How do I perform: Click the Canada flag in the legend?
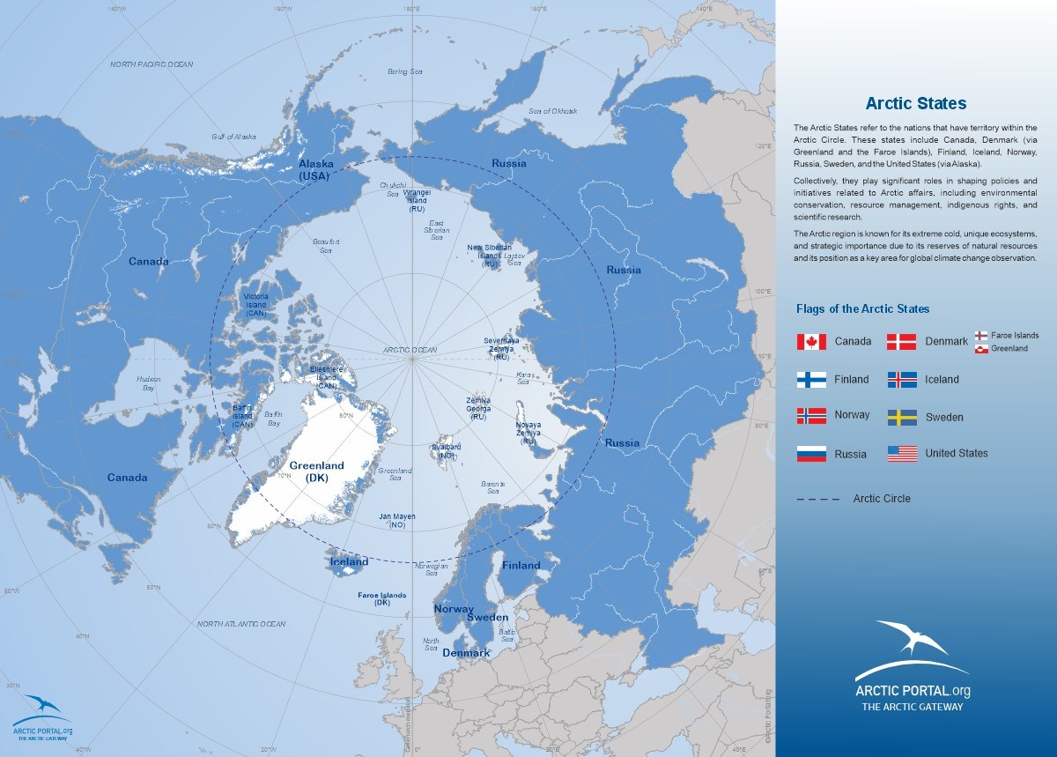[x=811, y=342]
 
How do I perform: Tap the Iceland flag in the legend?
[x=902, y=380]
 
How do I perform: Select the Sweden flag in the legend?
[x=902, y=418]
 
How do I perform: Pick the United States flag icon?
[x=902, y=454]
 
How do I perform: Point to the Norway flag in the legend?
[x=811, y=415]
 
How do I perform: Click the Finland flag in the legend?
[x=811, y=380]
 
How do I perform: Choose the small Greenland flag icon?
[x=980, y=349]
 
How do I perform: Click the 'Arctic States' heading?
[x=915, y=104]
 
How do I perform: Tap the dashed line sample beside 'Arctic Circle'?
[x=818, y=500]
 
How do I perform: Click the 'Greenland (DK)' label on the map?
[x=317, y=471]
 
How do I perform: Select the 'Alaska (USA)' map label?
[x=314, y=170]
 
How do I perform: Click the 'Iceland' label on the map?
[x=349, y=562]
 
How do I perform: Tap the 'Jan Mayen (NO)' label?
[x=396, y=520]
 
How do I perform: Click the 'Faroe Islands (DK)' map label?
[x=382, y=599]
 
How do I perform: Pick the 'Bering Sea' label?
[x=406, y=71]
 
